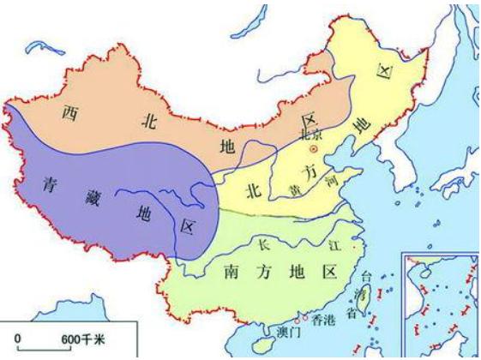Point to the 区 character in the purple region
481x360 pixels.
(x=187, y=226)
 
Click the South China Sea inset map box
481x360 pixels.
(x=440, y=304)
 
